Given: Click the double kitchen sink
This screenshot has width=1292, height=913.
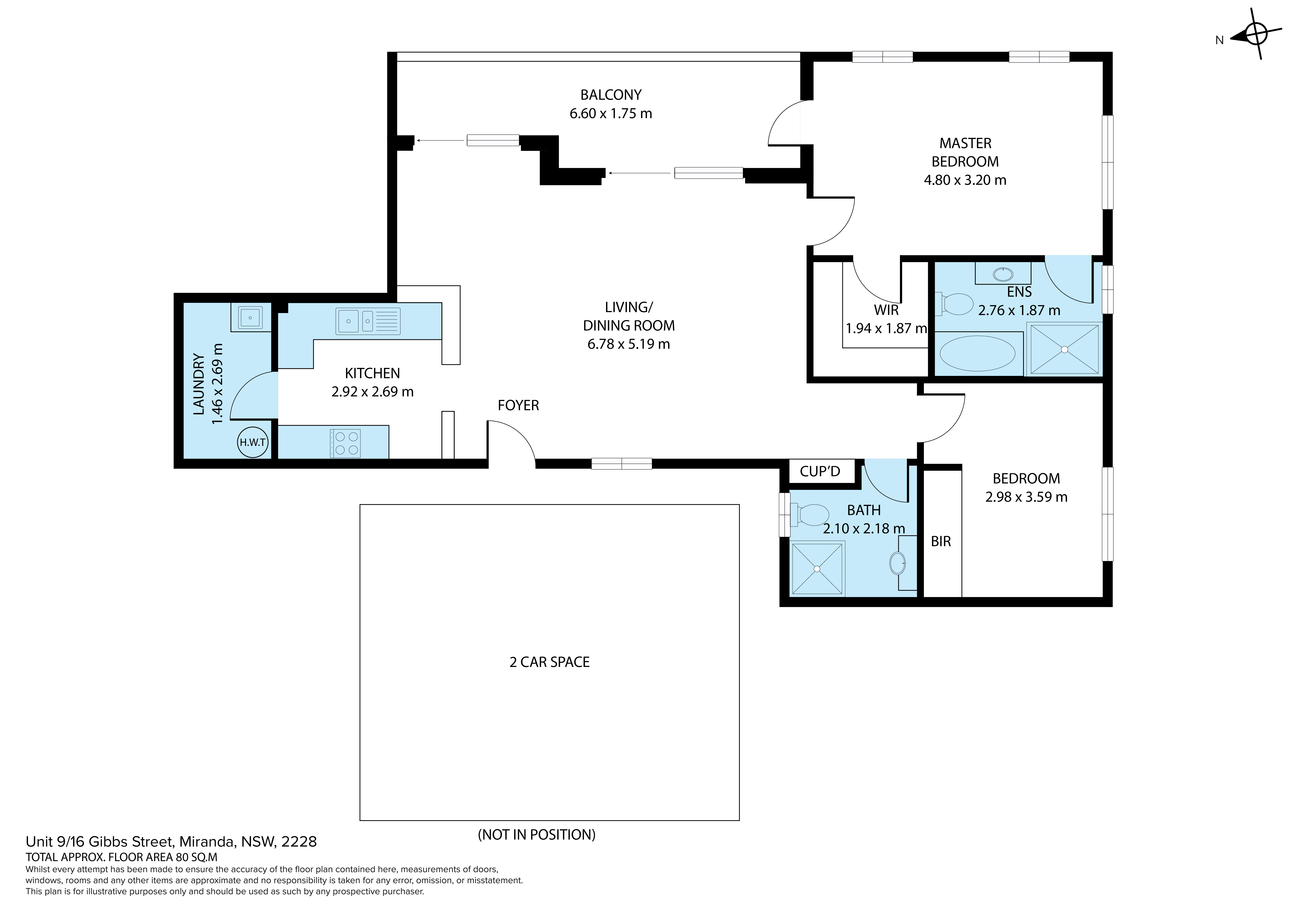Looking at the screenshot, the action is pos(368,321).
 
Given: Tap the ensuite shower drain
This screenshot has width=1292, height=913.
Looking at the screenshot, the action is pos(1064,349).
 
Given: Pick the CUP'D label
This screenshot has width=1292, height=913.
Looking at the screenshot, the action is pos(820,471).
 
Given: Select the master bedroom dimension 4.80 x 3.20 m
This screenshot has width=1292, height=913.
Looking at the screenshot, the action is pos(965,180).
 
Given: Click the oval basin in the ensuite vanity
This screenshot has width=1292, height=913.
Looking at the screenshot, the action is pos(1003,275).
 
